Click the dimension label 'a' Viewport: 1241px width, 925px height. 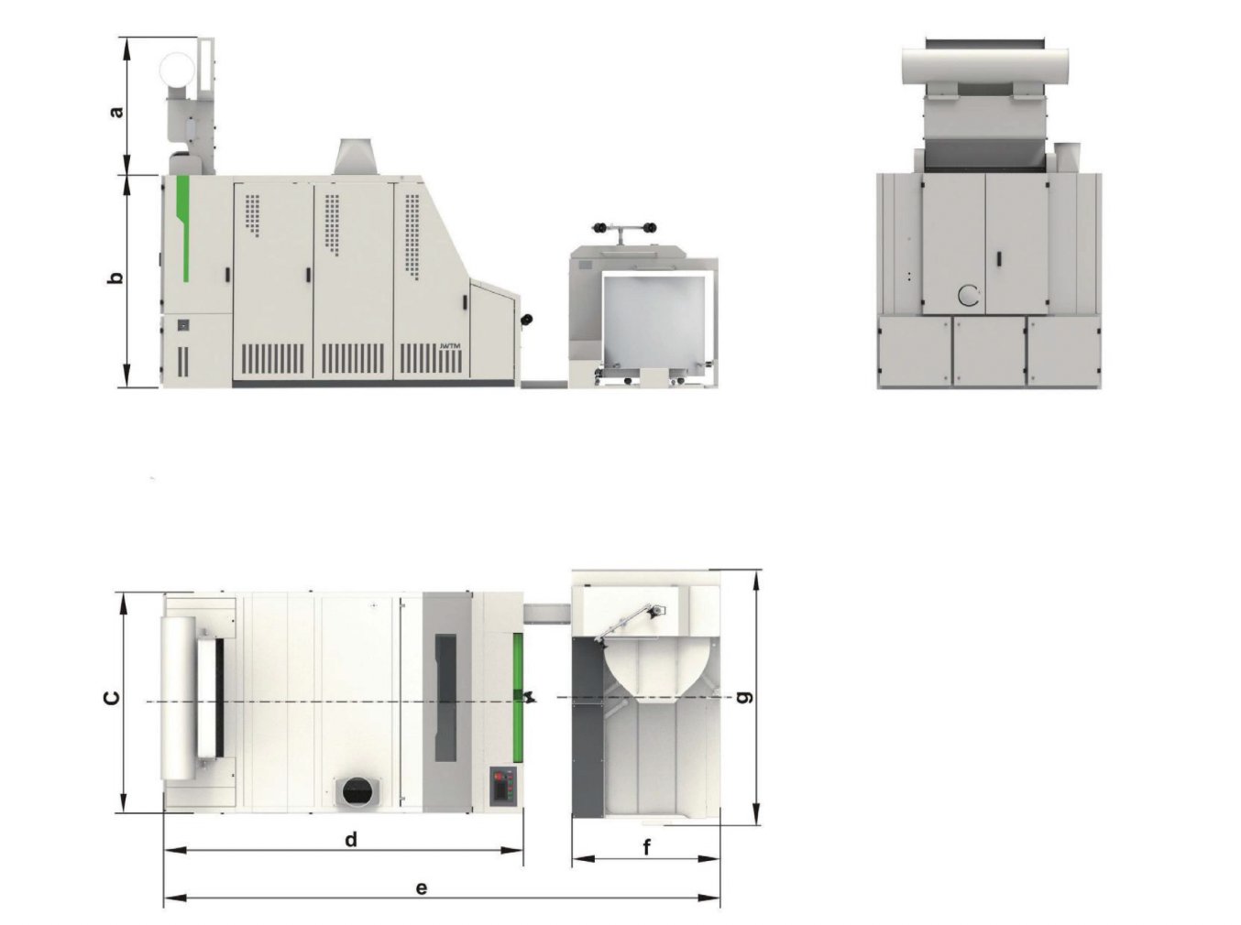click(116, 111)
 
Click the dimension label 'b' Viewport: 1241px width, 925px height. click(115, 277)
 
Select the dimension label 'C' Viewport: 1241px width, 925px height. click(112, 698)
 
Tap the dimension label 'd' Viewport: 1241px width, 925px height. click(351, 839)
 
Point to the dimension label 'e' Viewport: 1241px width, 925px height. click(422, 888)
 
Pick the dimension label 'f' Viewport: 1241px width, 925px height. click(647, 847)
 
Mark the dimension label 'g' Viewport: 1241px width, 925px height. click(746, 698)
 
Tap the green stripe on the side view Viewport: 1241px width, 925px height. click(182, 228)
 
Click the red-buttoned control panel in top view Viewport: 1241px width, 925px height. click(502, 785)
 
